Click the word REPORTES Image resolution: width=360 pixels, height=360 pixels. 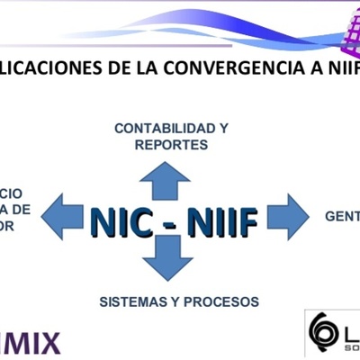pos(171,144)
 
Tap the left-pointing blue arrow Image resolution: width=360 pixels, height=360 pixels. pos(65,216)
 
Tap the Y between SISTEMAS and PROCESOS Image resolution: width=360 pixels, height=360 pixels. pos(180,301)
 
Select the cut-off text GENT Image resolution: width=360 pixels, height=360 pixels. pos(342,216)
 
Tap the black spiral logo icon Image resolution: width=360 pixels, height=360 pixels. pos(323,332)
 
